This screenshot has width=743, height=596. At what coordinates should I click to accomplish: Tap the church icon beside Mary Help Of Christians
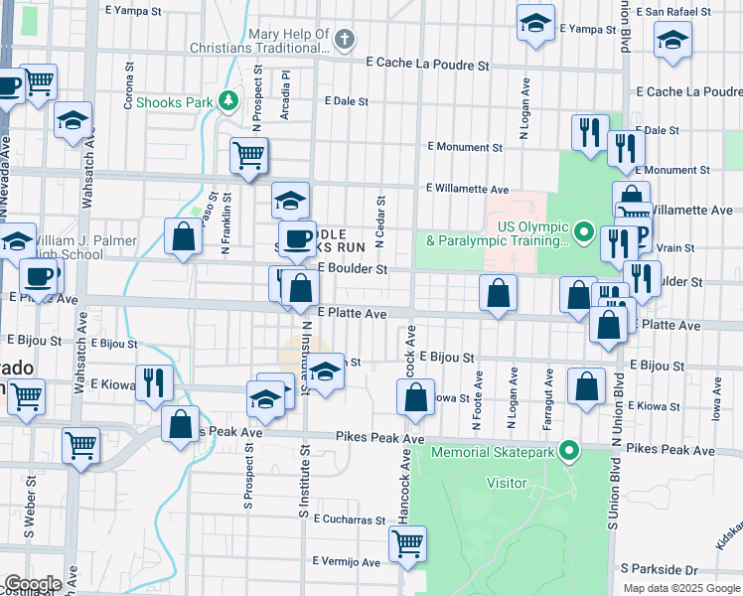(x=345, y=41)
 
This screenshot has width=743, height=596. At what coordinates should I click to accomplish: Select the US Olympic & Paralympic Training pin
(x=584, y=233)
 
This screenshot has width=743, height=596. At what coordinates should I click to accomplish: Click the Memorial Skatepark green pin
(x=568, y=452)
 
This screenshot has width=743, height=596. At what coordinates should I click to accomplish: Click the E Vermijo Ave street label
(x=345, y=561)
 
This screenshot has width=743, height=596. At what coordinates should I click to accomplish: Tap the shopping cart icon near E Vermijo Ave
(x=408, y=542)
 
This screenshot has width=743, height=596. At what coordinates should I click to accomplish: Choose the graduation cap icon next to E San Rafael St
(x=672, y=41)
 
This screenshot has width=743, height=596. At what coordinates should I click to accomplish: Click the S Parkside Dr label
(x=660, y=568)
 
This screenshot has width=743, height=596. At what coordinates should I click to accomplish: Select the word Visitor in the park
(x=506, y=482)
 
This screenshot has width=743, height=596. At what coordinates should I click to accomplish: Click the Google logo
(x=32, y=584)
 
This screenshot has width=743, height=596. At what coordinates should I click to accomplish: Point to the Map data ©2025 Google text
(x=682, y=588)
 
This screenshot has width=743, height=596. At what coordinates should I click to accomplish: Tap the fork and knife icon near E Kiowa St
(x=153, y=381)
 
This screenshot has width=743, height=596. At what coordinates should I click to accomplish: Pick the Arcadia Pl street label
(x=285, y=93)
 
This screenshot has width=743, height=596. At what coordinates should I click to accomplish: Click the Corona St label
(x=129, y=87)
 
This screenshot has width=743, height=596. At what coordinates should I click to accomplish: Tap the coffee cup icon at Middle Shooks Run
(x=295, y=237)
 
